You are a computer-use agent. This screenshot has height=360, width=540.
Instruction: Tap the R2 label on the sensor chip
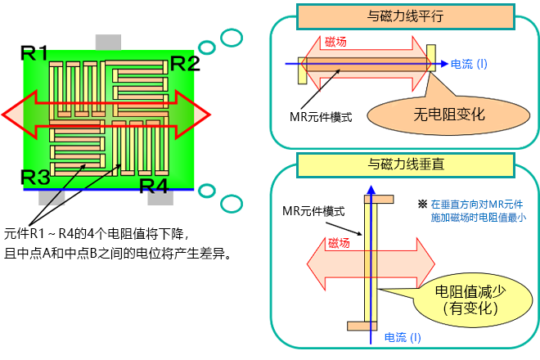coord(183,64)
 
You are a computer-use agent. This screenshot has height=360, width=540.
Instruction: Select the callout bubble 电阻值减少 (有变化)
coord(464,299)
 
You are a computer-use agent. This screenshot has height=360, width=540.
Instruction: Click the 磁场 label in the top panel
coord(335,43)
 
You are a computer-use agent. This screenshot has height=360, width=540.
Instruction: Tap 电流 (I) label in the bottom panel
coord(403,337)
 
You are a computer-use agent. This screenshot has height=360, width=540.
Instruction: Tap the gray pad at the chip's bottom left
coord(52,197)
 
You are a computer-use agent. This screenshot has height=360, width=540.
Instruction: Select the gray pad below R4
coord(160,197)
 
